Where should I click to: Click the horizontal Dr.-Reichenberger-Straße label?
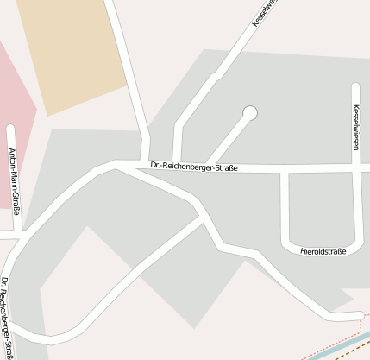tap(193, 167)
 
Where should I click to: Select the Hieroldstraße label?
tap(323, 251)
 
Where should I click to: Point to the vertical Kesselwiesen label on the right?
tap(355, 128)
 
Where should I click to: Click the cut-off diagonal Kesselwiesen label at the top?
tap(265, 13)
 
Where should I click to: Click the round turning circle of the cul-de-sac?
tap(250, 112)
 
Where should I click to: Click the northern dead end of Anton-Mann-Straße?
tap(10, 129)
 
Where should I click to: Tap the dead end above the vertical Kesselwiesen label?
tap(355, 86)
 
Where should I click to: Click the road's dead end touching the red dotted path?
tap(359, 319)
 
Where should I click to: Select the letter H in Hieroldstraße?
tap(304, 251)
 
